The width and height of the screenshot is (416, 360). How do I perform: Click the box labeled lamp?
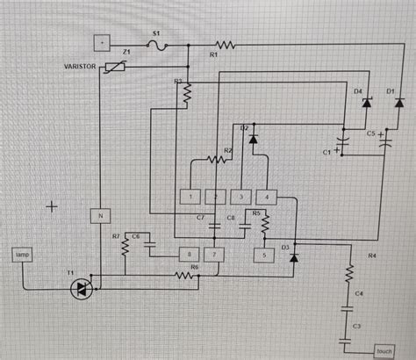(22, 255)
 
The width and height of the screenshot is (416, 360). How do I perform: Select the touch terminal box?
(384, 349)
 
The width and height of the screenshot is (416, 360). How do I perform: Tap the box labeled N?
(100, 214)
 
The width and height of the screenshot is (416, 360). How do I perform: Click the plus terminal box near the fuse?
(102, 41)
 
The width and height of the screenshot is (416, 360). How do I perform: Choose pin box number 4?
(267, 196)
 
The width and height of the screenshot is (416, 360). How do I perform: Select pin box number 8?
(189, 255)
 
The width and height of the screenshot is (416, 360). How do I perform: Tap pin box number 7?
(216, 255)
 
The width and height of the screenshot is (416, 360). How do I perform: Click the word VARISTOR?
(82, 66)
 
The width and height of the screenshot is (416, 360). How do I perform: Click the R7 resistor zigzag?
(125, 249)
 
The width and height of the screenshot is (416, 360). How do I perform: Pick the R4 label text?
(372, 256)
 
